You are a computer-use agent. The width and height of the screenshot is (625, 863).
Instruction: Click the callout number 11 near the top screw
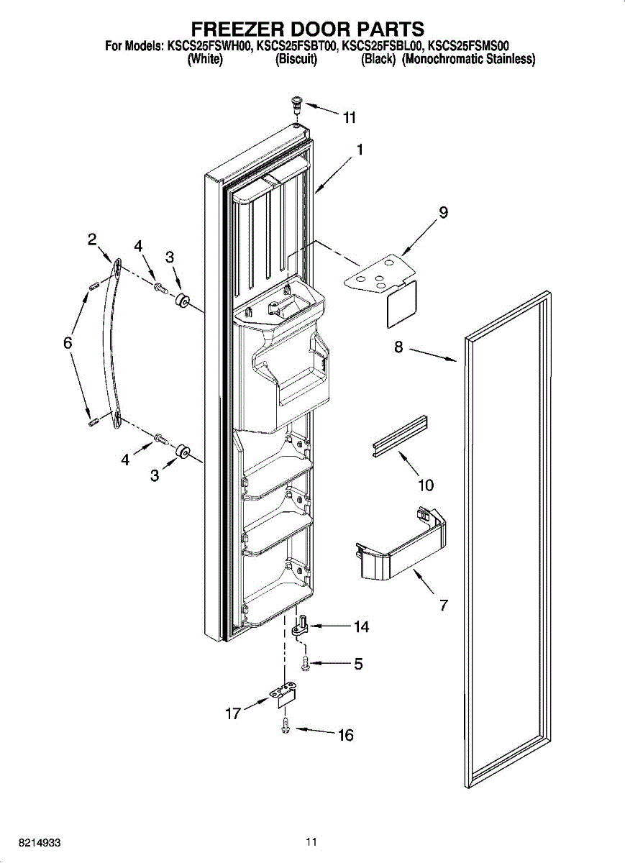coord(350,118)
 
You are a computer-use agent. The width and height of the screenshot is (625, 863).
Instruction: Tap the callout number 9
coord(443,212)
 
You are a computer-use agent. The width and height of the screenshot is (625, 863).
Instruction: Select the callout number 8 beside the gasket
coord(398,347)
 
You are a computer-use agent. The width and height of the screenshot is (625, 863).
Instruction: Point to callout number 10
coord(426,485)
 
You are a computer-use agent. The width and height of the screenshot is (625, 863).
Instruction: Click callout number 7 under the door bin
coord(444,606)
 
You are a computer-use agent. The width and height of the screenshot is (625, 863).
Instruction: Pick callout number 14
coord(361,627)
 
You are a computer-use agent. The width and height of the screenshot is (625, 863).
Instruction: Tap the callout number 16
coord(346,735)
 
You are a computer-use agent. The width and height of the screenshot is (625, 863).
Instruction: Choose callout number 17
coord(232,714)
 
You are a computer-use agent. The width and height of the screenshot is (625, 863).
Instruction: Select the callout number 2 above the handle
coord(93,240)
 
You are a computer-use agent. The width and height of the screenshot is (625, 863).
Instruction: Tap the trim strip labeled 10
coord(400,435)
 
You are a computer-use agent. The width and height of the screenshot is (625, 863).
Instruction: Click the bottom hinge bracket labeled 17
coord(283,695)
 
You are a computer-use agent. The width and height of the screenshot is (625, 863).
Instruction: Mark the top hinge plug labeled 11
coord(296,105)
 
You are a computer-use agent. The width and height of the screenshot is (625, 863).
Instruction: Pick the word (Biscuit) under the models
coord(296,60)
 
